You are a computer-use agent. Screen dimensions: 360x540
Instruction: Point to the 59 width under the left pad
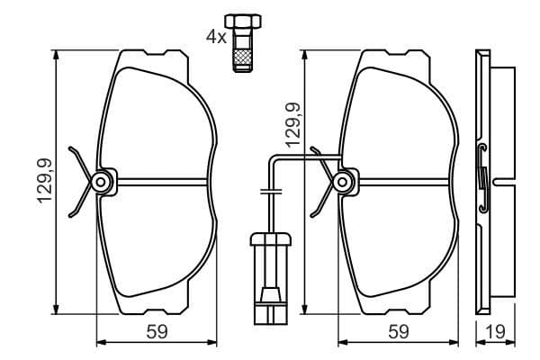click(x=157, y=331)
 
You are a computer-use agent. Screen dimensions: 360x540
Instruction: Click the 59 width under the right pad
click(x=398, y=331)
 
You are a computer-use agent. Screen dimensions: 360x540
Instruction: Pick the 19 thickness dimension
click(x=493, y=331)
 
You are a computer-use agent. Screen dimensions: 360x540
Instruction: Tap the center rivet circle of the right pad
click(x=343, y=183)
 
